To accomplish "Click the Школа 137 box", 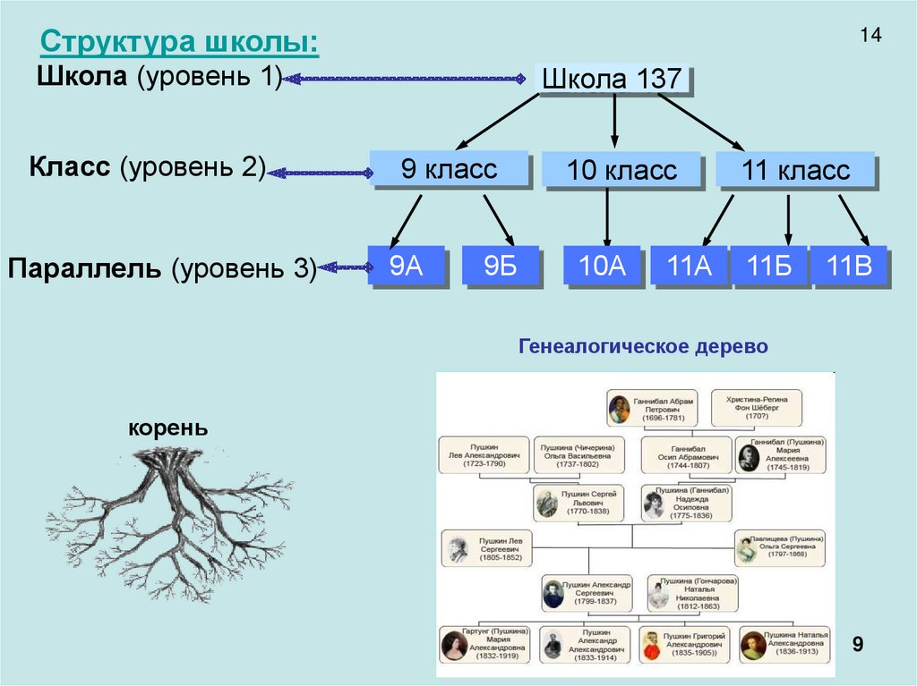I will click(x=613, y=79).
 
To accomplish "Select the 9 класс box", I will click(x=449, y=169).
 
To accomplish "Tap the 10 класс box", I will click(x=621, y=170).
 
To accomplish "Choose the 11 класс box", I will click(x=795, y=170).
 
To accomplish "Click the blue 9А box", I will click(x=407, y=266).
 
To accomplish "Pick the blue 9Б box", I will click(x=501, y=266).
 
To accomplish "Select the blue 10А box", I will click(x=602, y=266).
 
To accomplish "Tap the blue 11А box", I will click(x=690, y=266).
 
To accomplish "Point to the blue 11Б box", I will click(x=770, y=266).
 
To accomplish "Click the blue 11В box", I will click(x=849, y=266).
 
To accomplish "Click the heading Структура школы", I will click(x=180, y=43).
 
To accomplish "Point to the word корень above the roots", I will click(x=168, y=428).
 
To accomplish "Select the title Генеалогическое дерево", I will click(x=643, y=346).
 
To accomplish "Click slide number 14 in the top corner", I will click(x=870, y=36).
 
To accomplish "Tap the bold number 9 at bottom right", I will click(x=857, y=645).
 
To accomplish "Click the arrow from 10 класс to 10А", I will click(x=608, y=216).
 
